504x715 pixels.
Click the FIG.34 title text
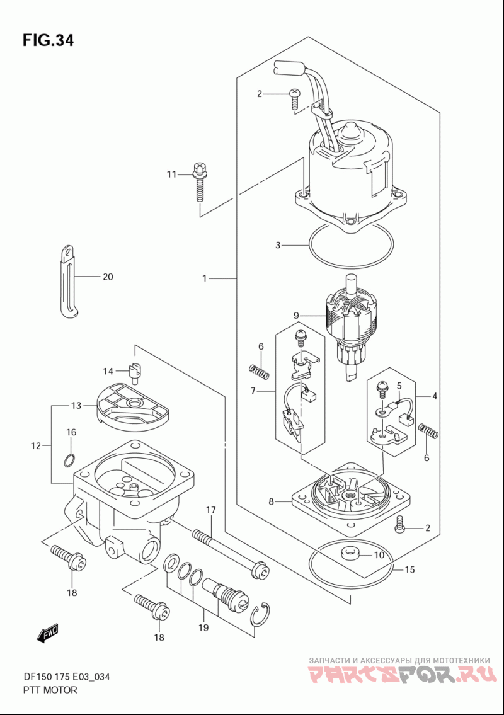pyautogui.click(x=48, y=40)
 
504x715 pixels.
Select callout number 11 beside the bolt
pyautogui.click(x=171, y=174)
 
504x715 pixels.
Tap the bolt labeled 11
pyautogui.click(x=199, y=181)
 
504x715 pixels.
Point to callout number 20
pyautogui.click(x=108, y=277)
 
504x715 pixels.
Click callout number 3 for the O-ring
pyautogui.click(x=278, y=245)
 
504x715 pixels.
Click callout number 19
pyautogui.click(x=203, y=627)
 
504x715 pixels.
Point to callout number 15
pyautogui.click(x=409, y=569)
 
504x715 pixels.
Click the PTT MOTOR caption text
pyautogui.click(x=50, y=689)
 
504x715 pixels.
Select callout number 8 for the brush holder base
pyautogui.click(x=271, y=501)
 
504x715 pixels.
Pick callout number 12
pyautogui.click(x=36, y=445)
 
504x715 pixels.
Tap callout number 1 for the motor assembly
pyautogui.click(x=205, y=278)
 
